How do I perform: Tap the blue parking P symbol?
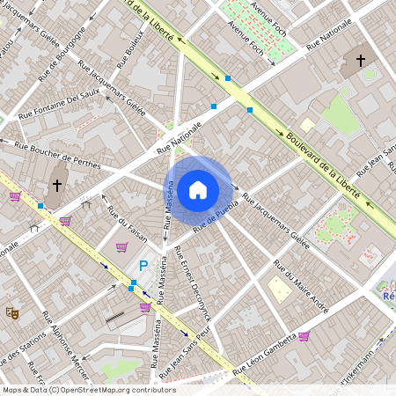(x=143, y=266)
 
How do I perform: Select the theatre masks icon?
(x=12, y=312)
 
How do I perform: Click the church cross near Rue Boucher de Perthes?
(x=57, y=185)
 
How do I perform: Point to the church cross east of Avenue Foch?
(x=361, y=61)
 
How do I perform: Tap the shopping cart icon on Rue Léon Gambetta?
(x=304, y=335)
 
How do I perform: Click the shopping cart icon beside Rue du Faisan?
(x=121, y=247)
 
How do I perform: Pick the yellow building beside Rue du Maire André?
(x=280, y=290)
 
